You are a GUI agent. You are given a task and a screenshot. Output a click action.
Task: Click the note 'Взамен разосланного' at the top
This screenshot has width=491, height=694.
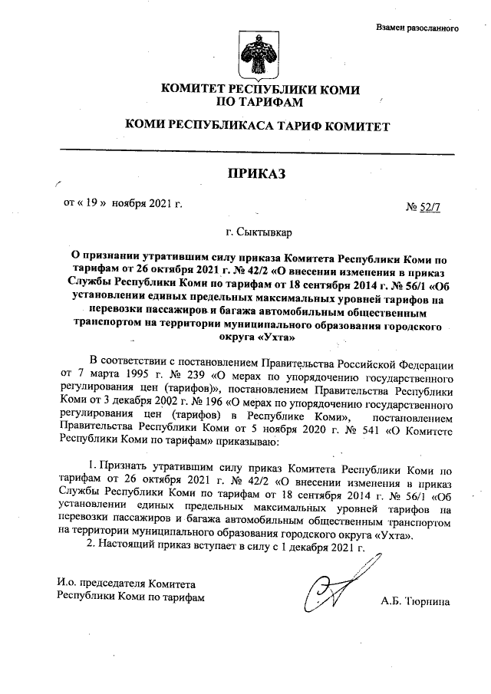[x=417, y=28]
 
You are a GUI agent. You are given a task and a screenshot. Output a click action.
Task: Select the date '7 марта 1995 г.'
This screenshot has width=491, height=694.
[x=104, y=377]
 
